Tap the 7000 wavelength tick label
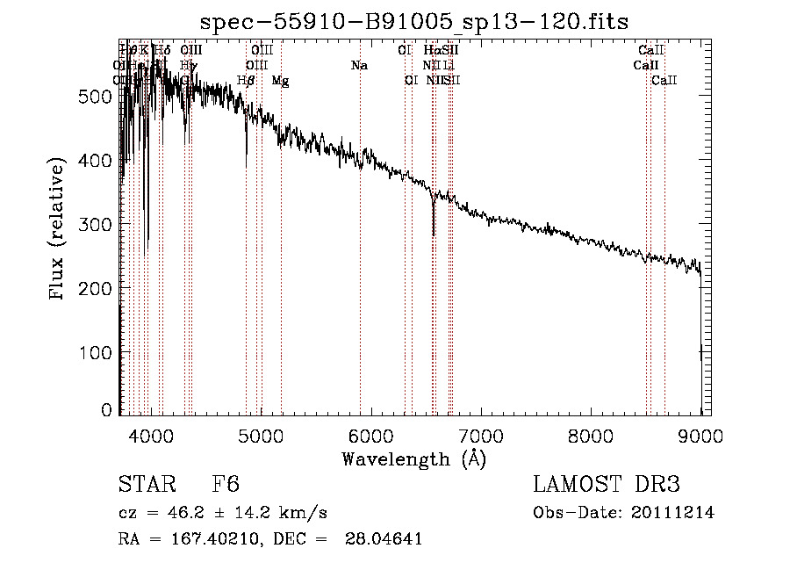click(481, 434)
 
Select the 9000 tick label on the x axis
click(700, 434)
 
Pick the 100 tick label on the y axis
click(98, 352)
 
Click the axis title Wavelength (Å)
click(413, 458)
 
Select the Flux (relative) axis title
click(59, 230)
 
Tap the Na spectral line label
click(358, 66)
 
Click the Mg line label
click(280, 81)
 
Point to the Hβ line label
click(246, 81)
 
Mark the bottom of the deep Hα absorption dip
click(434, 234)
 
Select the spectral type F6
click(226, 486)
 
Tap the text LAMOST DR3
click(606, 486)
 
